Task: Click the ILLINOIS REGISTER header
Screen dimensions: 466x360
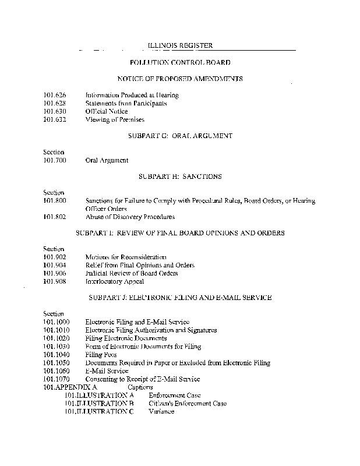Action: pos(179,45)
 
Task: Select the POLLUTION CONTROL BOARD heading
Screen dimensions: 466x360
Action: pos(180,62)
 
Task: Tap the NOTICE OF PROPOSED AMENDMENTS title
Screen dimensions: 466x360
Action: pos(180,78)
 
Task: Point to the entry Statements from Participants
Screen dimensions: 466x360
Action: pos(126,103)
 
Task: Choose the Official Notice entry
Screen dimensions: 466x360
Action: pos(107,111)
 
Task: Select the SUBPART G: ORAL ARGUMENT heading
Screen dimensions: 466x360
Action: pos(180,136)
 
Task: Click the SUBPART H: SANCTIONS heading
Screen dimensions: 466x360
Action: pos(180,176)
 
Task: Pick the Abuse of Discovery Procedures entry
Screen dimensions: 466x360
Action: pos(129,217)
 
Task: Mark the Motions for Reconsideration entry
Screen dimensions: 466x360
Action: pos(126,257)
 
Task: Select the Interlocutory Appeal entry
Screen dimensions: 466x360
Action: pos(115,281)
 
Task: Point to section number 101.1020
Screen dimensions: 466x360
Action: pos(57,338)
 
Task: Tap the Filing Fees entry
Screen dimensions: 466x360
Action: pos(101,354)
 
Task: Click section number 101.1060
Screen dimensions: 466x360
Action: pos(57,370)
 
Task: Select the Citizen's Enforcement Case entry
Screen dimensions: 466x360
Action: pos(188,403)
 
